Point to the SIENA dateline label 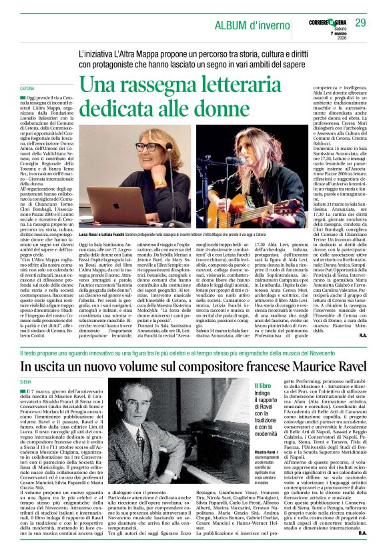(26, 377)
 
